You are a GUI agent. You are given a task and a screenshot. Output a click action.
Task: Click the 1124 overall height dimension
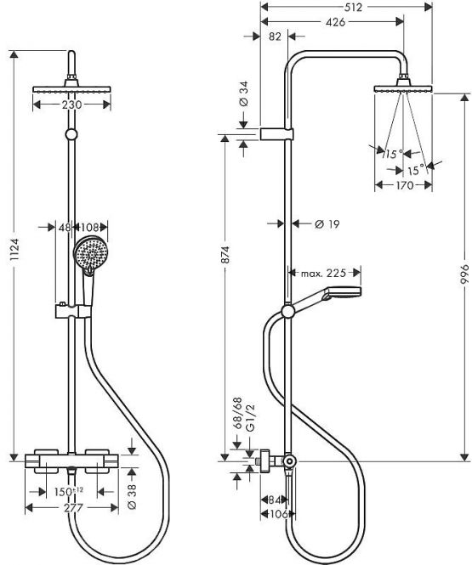pyautogui.click(x=14, y=249)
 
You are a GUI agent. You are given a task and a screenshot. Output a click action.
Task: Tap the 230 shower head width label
pyautogui.click(x=72, y=105)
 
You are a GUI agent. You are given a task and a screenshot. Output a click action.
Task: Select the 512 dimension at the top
pyautogui.click(x=353, y=7)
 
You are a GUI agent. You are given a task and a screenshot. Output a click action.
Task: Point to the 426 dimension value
pyautogui.click(x=335, y=22)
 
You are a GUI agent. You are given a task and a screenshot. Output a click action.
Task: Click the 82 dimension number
pyautogui.click(x=275, y=37)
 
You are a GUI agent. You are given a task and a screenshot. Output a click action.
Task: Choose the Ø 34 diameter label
pyautogui.click(x=244, y=93)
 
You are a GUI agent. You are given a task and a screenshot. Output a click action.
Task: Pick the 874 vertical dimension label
pyautogui.click(x=225, y=255)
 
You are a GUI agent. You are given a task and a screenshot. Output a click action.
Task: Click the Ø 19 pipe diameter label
pyautogui.click(x=327, y=224)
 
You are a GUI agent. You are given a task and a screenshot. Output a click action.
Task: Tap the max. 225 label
pyautogui.click(x=323, y=273)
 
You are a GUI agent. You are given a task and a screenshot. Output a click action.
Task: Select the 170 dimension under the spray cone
pyautogui.click(x=405, y=185)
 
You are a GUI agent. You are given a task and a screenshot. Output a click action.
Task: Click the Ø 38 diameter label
pyautogui.click(x=133, y=496)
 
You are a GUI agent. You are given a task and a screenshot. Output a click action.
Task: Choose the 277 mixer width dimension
pyautogui.click(x=73, y=508)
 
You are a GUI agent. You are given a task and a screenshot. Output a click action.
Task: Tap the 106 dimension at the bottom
pyautogui.click(x=278, y=514)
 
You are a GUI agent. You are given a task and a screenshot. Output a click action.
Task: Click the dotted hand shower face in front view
pyautogui.click(x=88, y=252)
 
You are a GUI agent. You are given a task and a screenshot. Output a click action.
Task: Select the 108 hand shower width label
pyautogui.click(x=89, y=228)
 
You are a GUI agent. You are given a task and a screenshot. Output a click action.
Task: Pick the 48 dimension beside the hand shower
pyautogui.click(x=65, y=228)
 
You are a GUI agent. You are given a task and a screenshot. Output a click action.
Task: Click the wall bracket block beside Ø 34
pyautogui.click(x=276, y=134)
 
